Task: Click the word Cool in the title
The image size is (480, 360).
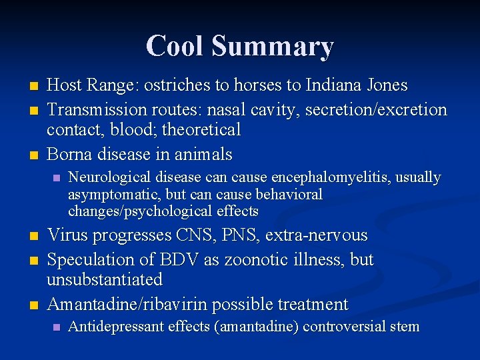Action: (174, 46)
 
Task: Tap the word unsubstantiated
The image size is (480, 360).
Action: (105, 279)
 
